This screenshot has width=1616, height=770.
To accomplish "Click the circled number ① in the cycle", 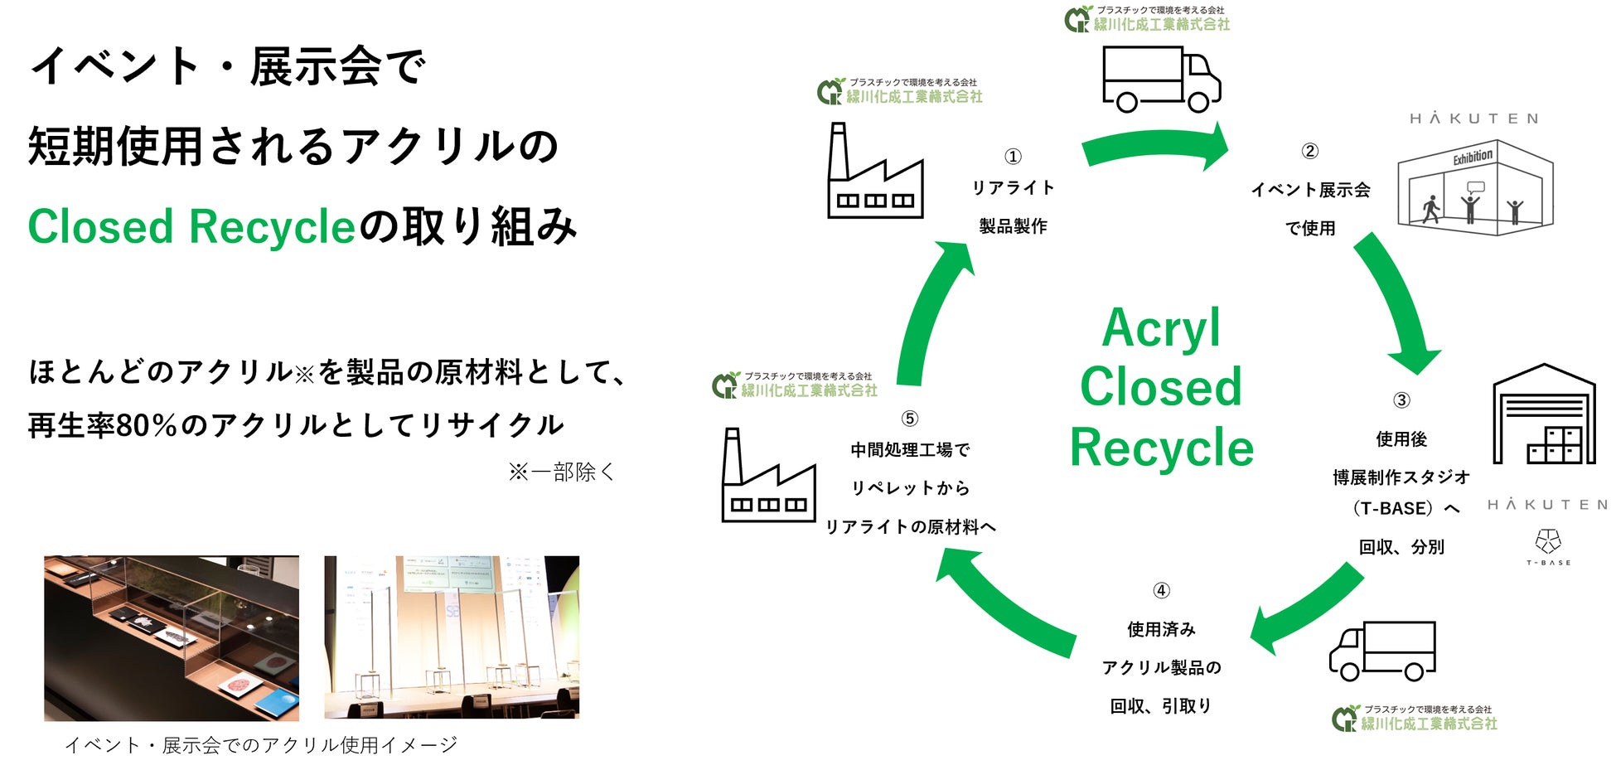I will (1013, 157).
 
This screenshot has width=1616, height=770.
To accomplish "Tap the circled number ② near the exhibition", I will (1309, 151).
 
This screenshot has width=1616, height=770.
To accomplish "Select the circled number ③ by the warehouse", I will (1401, 400).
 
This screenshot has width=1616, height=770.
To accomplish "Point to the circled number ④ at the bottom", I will (1161, 590).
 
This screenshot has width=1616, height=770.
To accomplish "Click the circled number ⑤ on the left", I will (909, 419).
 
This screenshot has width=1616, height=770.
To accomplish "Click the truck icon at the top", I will (1160, 80).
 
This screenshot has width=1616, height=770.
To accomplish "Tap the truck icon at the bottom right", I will (1382, 651).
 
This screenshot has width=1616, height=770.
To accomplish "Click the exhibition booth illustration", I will (1474, 188).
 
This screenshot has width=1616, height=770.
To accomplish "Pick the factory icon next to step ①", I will (875, 174).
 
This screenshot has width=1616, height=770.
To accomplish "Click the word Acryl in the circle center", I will (1160, 327).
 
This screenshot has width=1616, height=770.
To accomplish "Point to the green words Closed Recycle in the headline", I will (191, 227).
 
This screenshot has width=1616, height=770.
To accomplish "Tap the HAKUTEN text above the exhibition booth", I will (1473, 119).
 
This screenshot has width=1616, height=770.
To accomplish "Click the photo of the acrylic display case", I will (172, 637).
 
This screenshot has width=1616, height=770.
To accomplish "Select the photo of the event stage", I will (452, 637).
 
